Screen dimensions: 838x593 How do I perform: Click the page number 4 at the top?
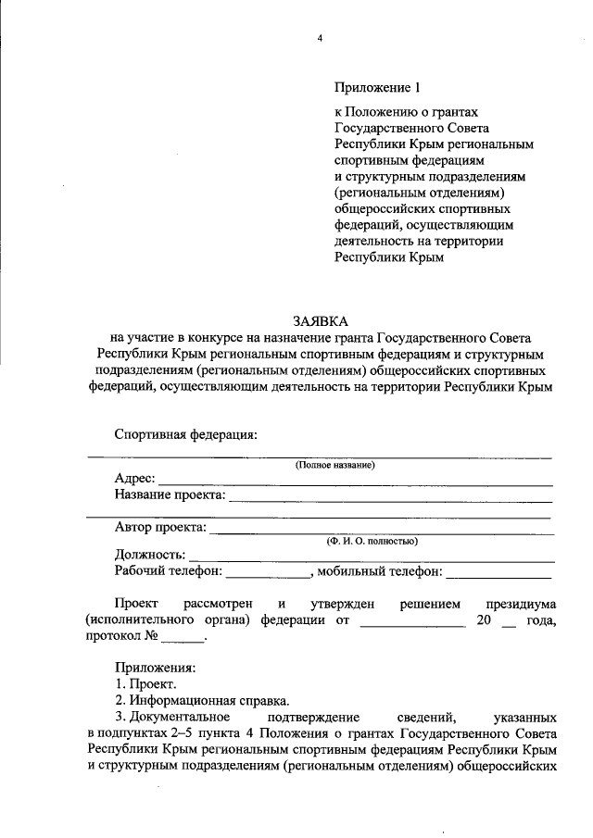click(x=320, y=38)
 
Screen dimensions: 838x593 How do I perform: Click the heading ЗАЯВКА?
click(x=320, y=320)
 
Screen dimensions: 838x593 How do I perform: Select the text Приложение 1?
click(x=377, y=88)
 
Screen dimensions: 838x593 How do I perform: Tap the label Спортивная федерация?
click(x=185, y=433)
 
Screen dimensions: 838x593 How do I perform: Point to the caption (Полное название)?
click(x=334, y=465)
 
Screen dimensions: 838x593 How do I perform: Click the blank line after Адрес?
click(x=356, y=482)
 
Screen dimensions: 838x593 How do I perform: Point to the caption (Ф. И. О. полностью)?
click(x=371, y=541)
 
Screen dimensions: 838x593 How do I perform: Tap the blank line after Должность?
click(x=371, y=557)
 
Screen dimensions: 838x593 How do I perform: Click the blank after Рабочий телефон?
click(x=268, y=574)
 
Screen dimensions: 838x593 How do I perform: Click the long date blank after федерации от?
click(x=411, y=624)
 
